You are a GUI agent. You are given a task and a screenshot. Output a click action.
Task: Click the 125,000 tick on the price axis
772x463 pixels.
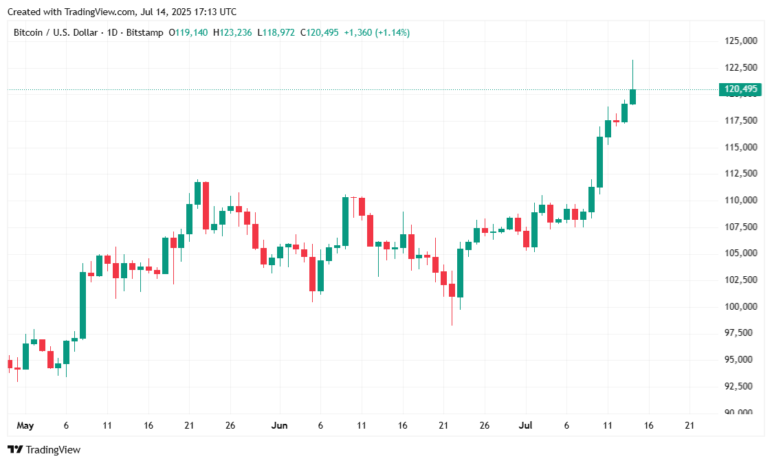tap(740, 41)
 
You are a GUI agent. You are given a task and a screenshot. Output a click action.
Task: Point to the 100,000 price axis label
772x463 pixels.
tap(740, 306)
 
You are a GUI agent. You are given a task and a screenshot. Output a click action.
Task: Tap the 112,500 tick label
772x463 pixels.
tap(740, 174)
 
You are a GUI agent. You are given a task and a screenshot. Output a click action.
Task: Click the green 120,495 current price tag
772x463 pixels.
tap(740, 89)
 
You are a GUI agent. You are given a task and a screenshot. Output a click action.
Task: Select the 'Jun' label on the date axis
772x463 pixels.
tap(279, 426)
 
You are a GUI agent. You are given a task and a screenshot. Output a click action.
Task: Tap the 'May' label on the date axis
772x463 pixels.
tap(25, 426)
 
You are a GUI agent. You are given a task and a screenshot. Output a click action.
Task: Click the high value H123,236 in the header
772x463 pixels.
tap(233, 32)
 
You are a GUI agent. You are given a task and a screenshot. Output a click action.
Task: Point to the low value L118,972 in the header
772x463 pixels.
tap(277, 32)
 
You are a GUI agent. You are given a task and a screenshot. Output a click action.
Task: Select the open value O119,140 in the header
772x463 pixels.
tap(189, 32)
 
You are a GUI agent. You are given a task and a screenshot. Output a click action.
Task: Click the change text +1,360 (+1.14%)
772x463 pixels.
tap(377, 32)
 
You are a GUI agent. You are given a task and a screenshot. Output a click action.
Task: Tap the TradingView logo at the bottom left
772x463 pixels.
tap(44, 450)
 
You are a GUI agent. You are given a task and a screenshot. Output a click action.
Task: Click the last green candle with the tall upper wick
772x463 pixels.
tap(632, 96)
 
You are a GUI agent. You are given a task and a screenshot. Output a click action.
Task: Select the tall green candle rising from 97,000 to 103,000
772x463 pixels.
tap(82, 305)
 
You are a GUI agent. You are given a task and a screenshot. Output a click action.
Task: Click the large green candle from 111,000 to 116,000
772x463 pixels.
tap(599, 161)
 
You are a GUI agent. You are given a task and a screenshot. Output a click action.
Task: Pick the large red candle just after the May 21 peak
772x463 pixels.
tap(206, 205)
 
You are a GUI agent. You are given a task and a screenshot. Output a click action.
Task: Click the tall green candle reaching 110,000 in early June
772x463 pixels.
tap(345, 221)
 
